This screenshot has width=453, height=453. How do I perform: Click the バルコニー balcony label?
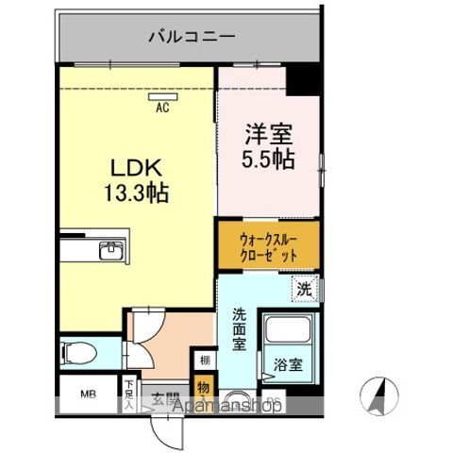click(192, 38)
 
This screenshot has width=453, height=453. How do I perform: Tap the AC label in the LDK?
click(162, 108)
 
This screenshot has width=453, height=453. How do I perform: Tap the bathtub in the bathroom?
click(290, 335)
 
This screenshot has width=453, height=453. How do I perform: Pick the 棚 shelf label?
click(205, 360)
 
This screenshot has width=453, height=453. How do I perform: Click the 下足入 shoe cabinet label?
click(128, 394)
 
